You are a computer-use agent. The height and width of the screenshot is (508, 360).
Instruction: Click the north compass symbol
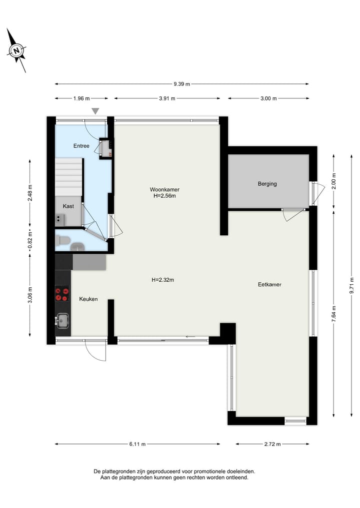pos(16,50)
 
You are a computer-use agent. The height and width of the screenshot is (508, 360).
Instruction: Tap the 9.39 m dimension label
pos(181,84)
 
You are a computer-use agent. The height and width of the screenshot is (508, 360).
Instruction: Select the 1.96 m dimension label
pos(81,98)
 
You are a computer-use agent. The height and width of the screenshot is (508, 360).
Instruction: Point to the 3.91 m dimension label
pos(167,98)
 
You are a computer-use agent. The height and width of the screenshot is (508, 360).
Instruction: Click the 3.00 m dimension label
pos(268,98)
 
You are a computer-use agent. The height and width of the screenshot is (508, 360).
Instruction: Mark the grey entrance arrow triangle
pos(95,111)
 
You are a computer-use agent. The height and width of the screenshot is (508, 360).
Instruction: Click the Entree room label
pos(81,146)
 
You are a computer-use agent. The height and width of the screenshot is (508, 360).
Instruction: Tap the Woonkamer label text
pos(164,189)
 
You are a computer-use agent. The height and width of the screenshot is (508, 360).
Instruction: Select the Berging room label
pos(267,184)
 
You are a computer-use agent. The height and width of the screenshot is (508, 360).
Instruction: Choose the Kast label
pos(68,206)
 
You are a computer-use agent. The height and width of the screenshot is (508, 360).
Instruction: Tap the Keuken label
pos(88,299)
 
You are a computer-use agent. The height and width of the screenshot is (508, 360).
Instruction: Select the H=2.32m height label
pos(163,280)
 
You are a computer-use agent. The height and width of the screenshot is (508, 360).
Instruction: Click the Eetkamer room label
pos(269,284)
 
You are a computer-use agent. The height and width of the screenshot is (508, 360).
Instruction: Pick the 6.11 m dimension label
pos(137,444)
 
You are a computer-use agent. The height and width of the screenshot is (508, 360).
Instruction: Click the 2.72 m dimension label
pos(272,444)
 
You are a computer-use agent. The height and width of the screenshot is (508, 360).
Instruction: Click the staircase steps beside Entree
pos(68,177)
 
